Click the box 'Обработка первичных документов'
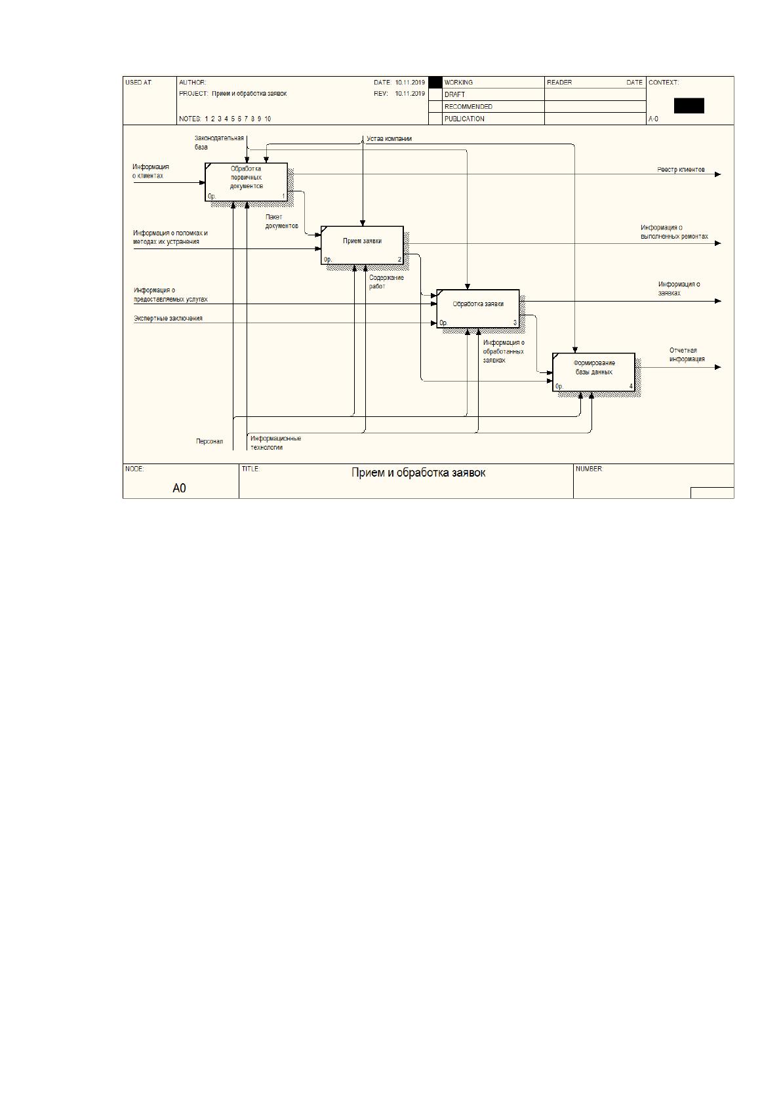point(246,182)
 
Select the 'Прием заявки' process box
point(362,245)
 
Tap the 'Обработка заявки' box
point(478,309)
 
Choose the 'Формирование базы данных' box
point(593,372)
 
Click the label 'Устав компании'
point(389,138)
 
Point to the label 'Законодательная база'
point(219,142)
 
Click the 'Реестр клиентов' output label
point(681,170)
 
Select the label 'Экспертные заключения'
point(168,319)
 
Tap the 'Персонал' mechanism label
point(210,441)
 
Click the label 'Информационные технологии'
point(275,443)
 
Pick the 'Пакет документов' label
point(281,222)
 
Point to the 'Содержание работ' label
point(386,282)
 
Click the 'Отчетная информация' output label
point(687,355)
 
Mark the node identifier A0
point(180,488)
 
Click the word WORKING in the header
point(458,83)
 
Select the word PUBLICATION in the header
point(464,119)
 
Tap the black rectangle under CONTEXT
point(689,106)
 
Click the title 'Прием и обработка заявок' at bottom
point(418,473)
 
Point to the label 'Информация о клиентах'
point(150,171)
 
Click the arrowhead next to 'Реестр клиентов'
point(718,174)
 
